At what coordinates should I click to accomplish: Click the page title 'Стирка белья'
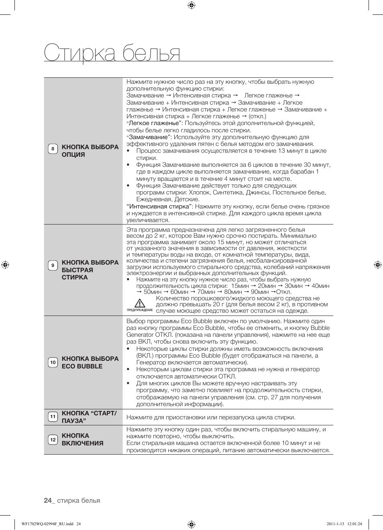[112, 53]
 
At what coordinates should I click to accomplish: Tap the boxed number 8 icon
[53, 149]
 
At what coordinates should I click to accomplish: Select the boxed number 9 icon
[53, 265]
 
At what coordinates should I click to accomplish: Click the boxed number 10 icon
[53, 362]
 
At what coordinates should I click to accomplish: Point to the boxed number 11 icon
[53, 417]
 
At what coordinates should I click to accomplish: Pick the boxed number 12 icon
[53, 440]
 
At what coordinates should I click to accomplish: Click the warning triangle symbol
[140, 303]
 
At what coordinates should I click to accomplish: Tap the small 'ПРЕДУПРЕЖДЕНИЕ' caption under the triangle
[140, 310]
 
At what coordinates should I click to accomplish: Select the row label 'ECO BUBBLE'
[82, 366]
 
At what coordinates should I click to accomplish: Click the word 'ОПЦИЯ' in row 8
[73, 155]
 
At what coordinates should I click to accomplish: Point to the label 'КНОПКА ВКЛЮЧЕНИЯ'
[82, 439]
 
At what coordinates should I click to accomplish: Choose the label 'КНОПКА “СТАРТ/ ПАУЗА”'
[89, 417]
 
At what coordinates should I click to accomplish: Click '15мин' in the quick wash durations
[240, 286]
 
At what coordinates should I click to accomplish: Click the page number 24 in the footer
[48, 500]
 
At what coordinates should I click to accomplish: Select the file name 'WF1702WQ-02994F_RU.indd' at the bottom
[47, 524]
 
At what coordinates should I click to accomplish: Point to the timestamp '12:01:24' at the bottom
[354, 524]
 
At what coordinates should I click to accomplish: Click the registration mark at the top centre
[191, 5]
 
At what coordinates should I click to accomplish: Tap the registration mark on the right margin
[377, 265]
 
